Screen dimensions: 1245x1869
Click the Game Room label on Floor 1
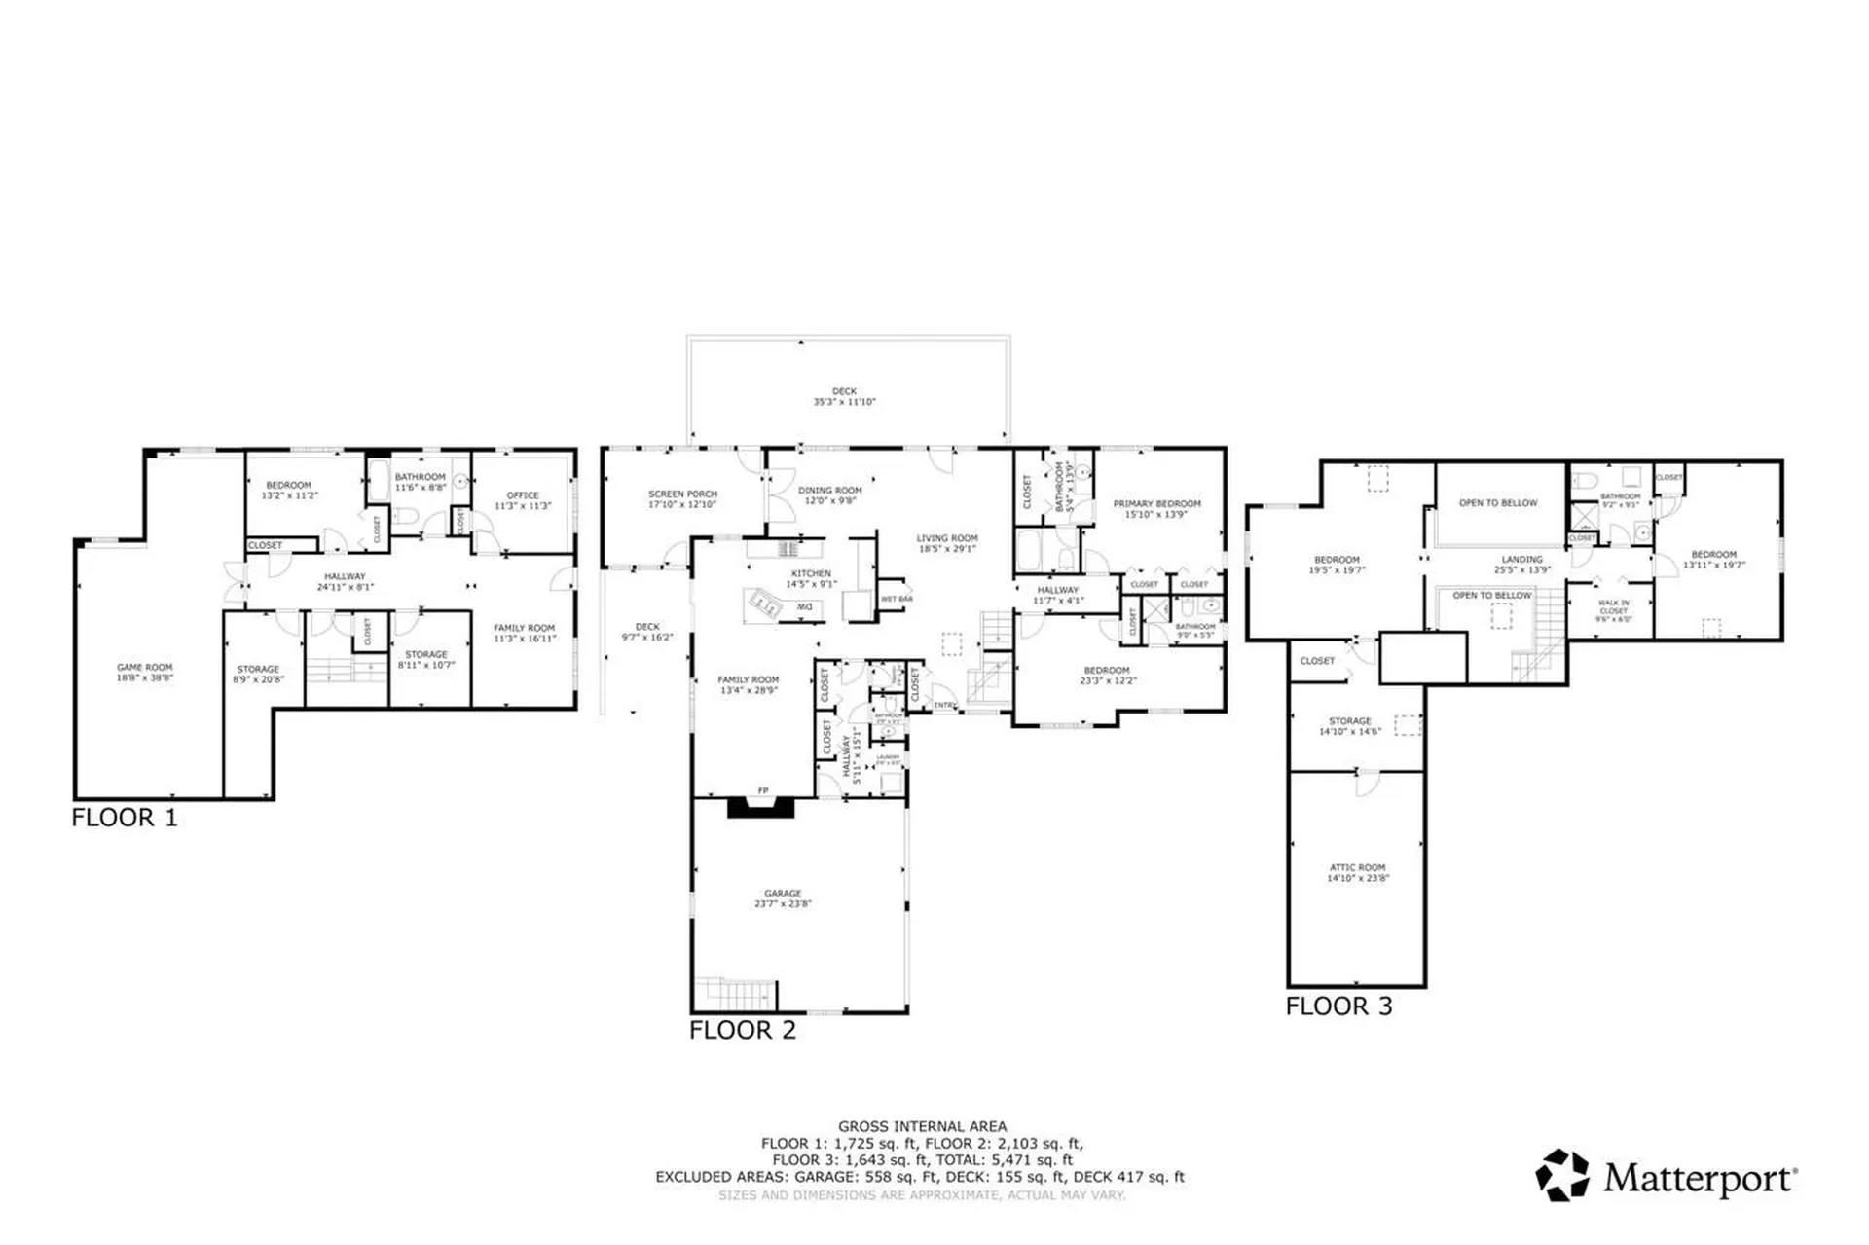coord(145,672)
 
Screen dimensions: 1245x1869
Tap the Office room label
coord(523,500)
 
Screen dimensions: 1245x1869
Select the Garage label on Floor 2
coord(783,897)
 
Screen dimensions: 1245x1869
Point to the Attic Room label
coord(1357,872)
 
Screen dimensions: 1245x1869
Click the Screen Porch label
coord(682,498)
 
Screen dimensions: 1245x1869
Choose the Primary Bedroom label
coord(1156,508)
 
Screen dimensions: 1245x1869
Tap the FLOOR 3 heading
coord(1338,1007)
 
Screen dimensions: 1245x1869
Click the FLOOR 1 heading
coord(125,818)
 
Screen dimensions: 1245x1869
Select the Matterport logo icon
coord(1561,1175)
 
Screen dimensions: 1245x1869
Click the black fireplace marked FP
coord(761,806)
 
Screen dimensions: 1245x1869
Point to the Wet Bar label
coord(897,599)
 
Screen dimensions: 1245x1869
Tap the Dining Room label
coord(829,494)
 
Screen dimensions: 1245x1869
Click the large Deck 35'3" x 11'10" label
coord(844,396)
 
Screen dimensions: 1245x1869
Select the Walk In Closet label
coord(1612,610)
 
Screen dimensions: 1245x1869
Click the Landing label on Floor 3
coord(1521,564)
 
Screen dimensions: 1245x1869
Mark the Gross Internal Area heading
coord(922,1126)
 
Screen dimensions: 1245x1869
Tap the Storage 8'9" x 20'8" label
coord(258,674)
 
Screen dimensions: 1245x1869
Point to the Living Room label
coord(946,542)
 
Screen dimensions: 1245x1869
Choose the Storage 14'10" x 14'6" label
coord(1349,725)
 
